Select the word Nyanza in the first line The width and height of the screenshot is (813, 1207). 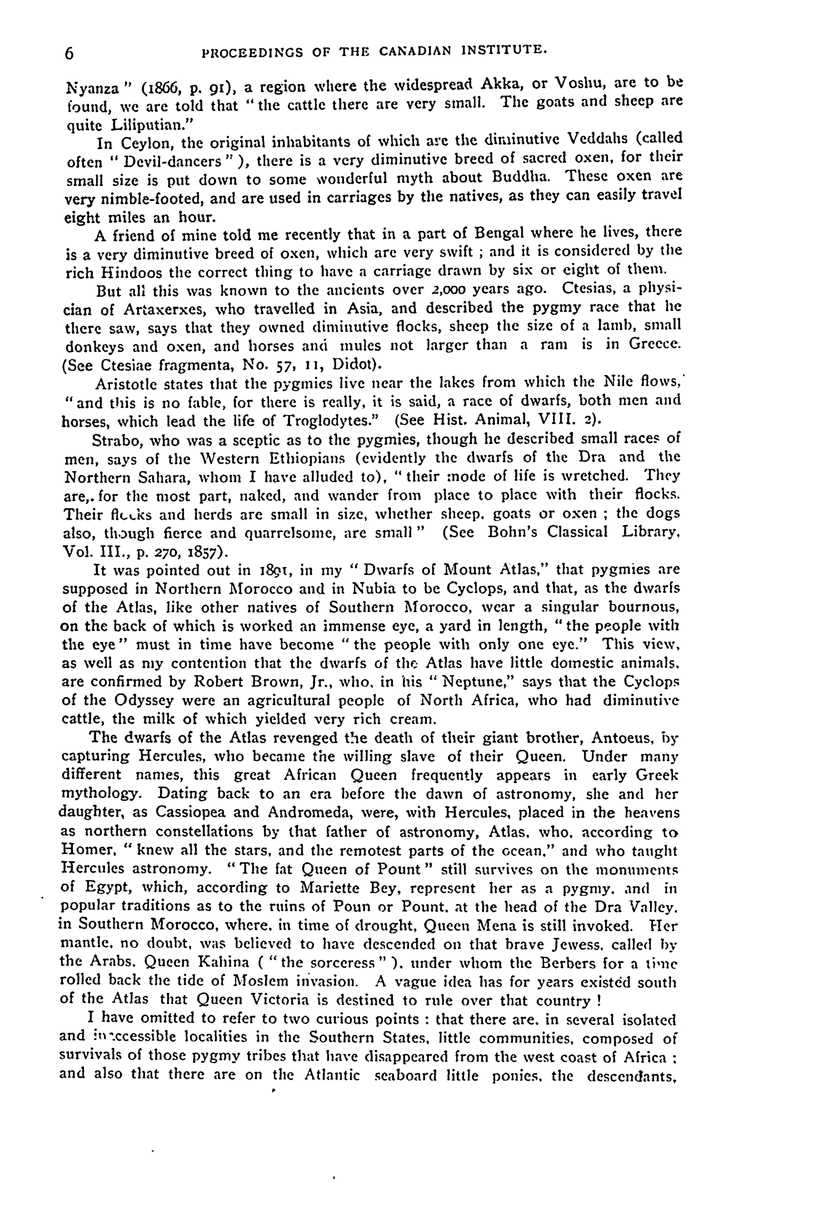pos(90,86)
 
